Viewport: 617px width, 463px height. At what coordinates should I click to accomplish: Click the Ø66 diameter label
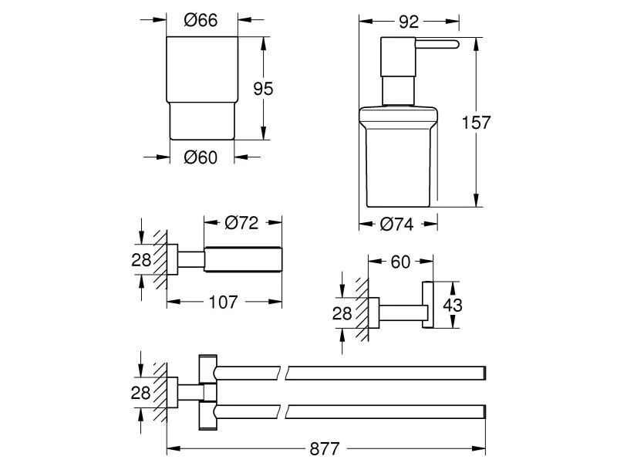click(x=201, y=21)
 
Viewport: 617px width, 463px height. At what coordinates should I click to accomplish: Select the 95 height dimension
click(x=264, y=89)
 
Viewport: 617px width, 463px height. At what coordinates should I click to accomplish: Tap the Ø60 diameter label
click(x=201, y=157)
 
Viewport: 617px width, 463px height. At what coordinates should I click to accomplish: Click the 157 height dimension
click(x=475, y=121)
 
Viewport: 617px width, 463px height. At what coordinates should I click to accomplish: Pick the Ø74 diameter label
click(x=398, y=225)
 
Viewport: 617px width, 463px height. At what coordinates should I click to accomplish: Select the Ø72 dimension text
click(x=241, y=224)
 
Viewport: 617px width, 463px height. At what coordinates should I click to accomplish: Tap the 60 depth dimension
click(x=401, y=262)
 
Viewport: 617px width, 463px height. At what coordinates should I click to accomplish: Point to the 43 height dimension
click(x=453, y=306)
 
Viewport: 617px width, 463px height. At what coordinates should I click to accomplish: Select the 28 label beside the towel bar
click(x=140, y=391)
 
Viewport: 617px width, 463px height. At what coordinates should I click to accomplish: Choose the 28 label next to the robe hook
click(x=342, y=313)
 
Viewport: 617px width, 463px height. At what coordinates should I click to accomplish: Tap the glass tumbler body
click(x=202, y=85)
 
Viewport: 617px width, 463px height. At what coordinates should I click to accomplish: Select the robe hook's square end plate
click(x=427, y=306)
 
